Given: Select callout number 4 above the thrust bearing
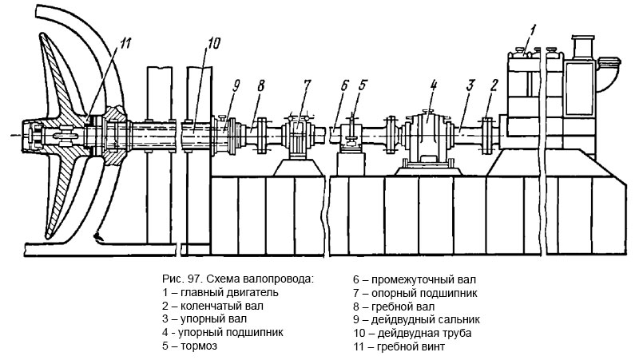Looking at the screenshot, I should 433,83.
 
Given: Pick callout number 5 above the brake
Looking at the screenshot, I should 363,84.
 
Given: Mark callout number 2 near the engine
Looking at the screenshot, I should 494,83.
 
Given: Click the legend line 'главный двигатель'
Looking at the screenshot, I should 212,291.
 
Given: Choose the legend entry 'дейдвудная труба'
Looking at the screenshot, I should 412,332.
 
